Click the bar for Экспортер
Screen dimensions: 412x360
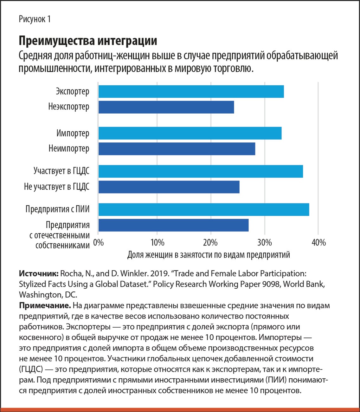[191, 91]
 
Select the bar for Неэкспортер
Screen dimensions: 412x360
[166, 107]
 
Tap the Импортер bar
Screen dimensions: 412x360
[190, 133]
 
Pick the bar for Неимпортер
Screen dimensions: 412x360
[177, 149]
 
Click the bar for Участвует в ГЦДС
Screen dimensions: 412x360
[201, 171]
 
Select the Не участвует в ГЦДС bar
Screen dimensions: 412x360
[169, 187]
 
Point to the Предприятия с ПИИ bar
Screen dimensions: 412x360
[204, 209]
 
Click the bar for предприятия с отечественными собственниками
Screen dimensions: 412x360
[173, 225]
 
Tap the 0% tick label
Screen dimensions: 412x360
[99, 243]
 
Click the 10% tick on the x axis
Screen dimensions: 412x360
[157, 243]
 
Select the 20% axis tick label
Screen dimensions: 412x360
[210, 243]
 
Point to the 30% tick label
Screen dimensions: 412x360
[265, 243]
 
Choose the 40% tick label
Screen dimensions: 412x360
[318, 243]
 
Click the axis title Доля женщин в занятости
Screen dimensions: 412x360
[209, 255]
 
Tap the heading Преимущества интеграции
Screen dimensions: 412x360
[88, 41]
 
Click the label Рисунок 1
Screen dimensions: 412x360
[35, 19]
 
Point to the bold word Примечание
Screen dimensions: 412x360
[45, 306]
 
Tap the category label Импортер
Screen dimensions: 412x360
[73, 133]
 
